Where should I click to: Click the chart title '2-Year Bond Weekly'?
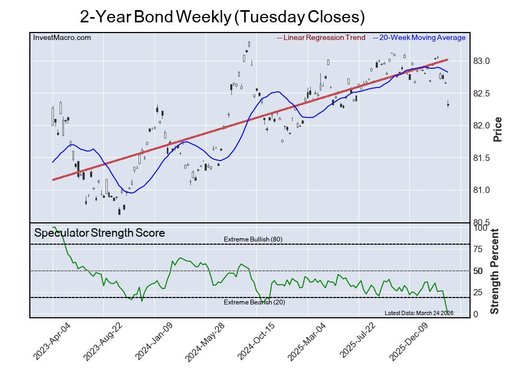[222, 17]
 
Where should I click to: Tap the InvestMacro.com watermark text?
[62, 37]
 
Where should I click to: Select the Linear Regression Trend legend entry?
[321, 38]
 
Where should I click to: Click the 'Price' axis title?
[498, 129]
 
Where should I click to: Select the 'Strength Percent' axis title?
[495, 271]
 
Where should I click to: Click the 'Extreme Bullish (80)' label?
[253, 239]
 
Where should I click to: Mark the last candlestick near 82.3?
[448, 104]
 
